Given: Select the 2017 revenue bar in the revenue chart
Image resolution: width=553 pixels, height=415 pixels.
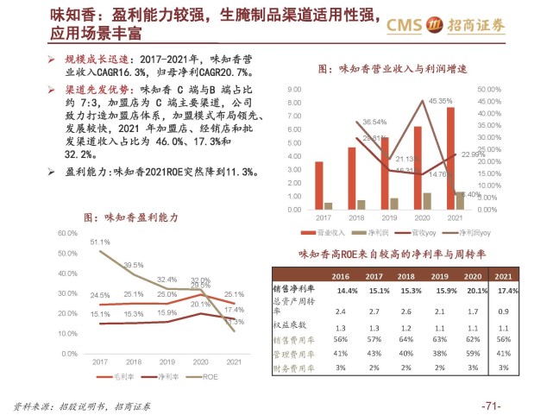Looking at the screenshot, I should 319,185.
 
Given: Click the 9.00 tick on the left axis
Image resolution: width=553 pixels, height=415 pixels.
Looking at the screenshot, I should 293,89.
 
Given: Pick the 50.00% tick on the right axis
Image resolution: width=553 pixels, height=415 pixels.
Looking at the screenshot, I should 488,89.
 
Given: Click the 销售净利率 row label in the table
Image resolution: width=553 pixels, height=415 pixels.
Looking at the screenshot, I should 295,289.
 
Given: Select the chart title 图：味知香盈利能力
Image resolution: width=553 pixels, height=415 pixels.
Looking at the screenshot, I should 129,218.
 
